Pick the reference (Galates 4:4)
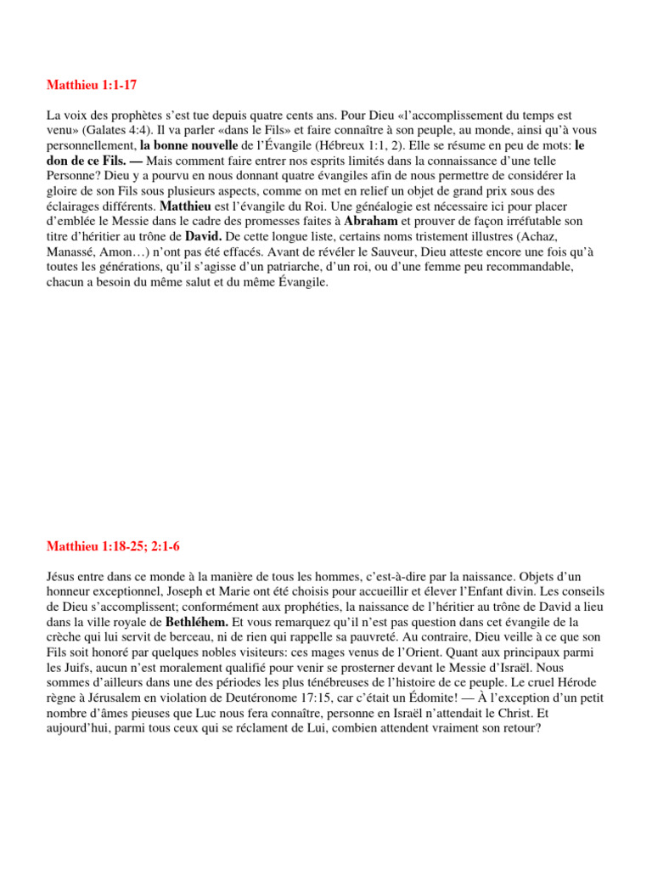[116, 130]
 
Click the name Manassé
[72, 251]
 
